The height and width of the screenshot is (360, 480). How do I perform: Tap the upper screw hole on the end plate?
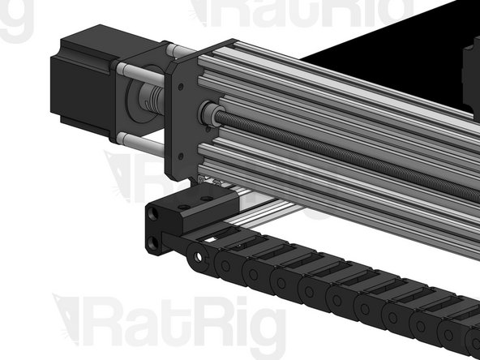pos(181,87)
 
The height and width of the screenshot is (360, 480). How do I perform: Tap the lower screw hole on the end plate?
pos(180,156)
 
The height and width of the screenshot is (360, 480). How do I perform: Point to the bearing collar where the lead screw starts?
pos(210,114)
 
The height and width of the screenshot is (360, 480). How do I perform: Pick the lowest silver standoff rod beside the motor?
pos(141,144)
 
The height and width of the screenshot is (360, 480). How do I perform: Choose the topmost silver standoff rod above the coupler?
pos(181,49)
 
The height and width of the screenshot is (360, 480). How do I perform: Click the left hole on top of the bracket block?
pos(184,208)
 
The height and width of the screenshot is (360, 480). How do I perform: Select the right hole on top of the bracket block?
pos(207,199)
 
